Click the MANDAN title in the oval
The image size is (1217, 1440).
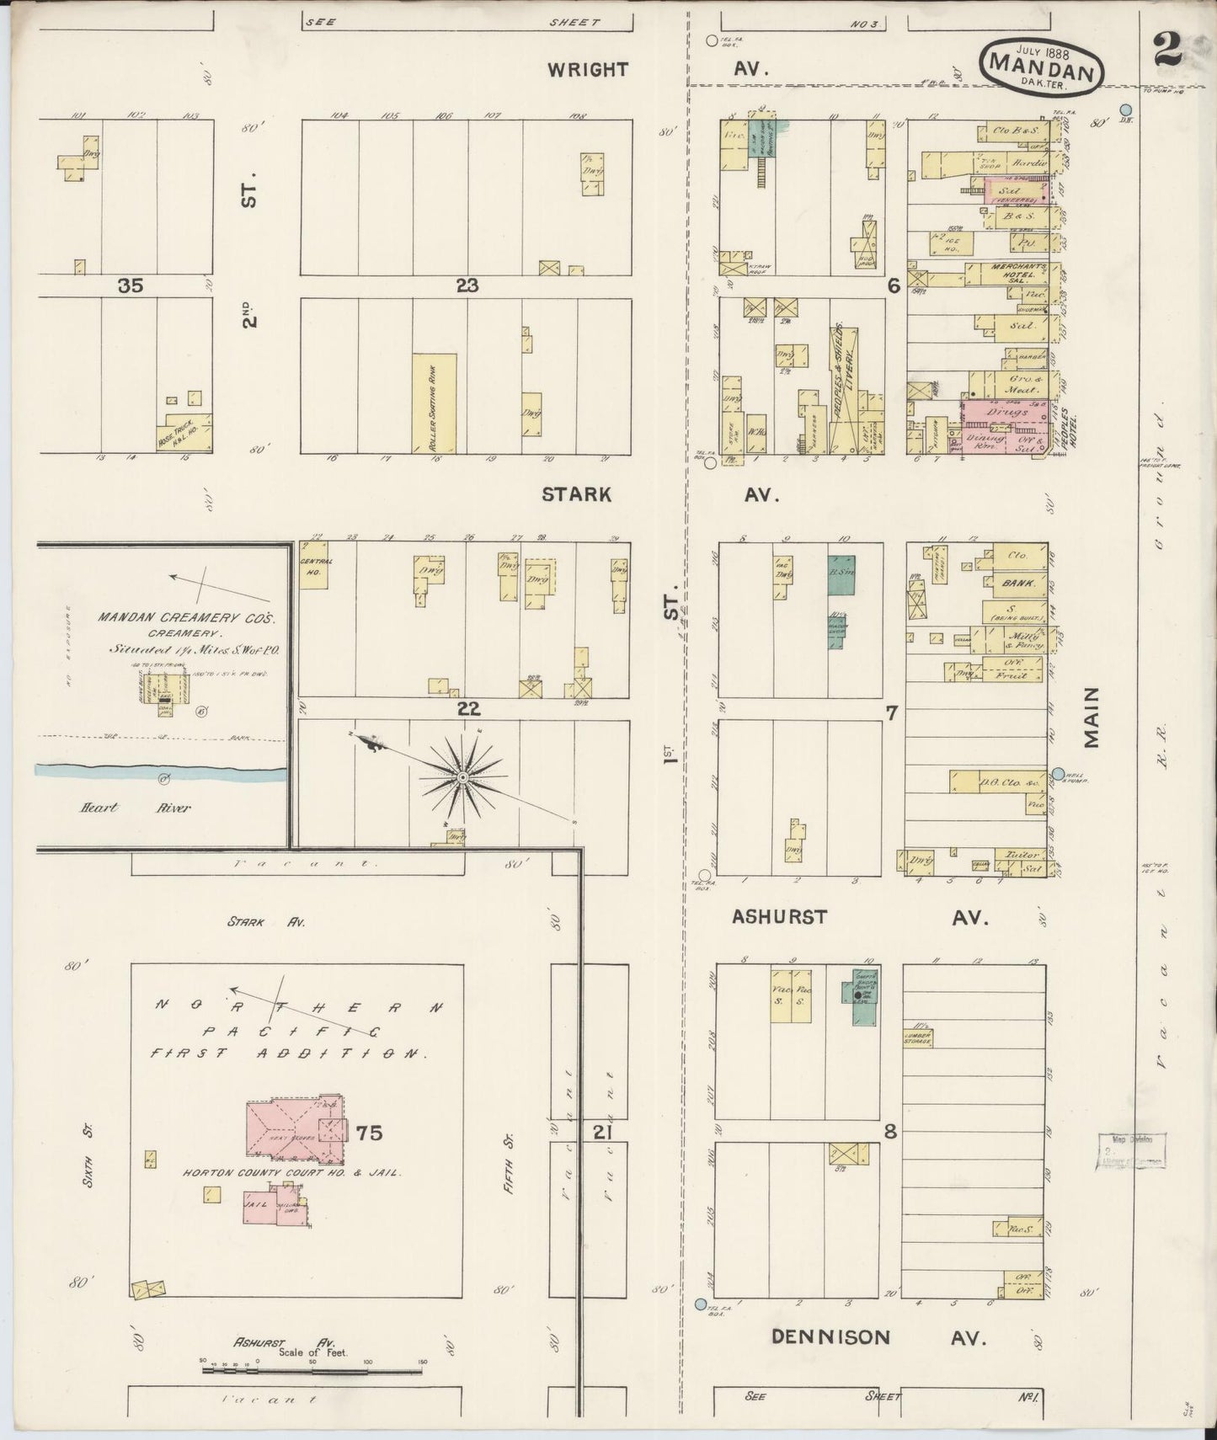click(x=1041, y=64)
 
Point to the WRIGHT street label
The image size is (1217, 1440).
click(x=588, y=70)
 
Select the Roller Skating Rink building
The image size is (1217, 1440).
click(x=435, y=403)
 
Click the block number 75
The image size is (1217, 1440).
click(x=369, y=1133)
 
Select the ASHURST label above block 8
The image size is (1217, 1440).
click(x=779, y=917)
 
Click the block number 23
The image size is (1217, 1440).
click(x=467, y=286)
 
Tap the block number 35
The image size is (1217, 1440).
click(x=131, y=286)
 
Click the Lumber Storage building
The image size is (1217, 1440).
click(x=916, y=1037)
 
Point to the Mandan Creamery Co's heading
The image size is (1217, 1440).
click(x=186, y=618)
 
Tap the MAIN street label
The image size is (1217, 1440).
click(x=1092, y=717)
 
